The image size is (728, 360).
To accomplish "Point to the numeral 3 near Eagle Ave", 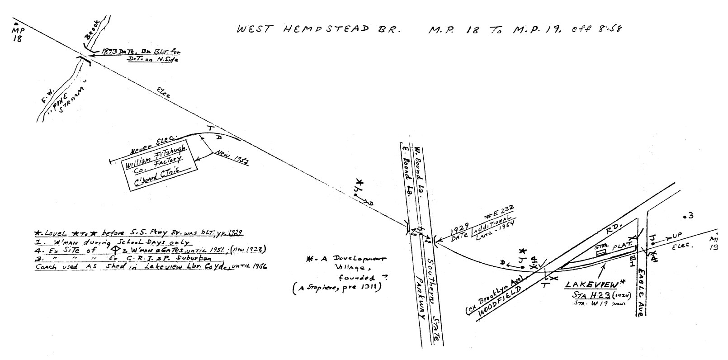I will (x=691, y=216).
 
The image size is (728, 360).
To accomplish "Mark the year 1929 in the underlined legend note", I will (x=234, y=232).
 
